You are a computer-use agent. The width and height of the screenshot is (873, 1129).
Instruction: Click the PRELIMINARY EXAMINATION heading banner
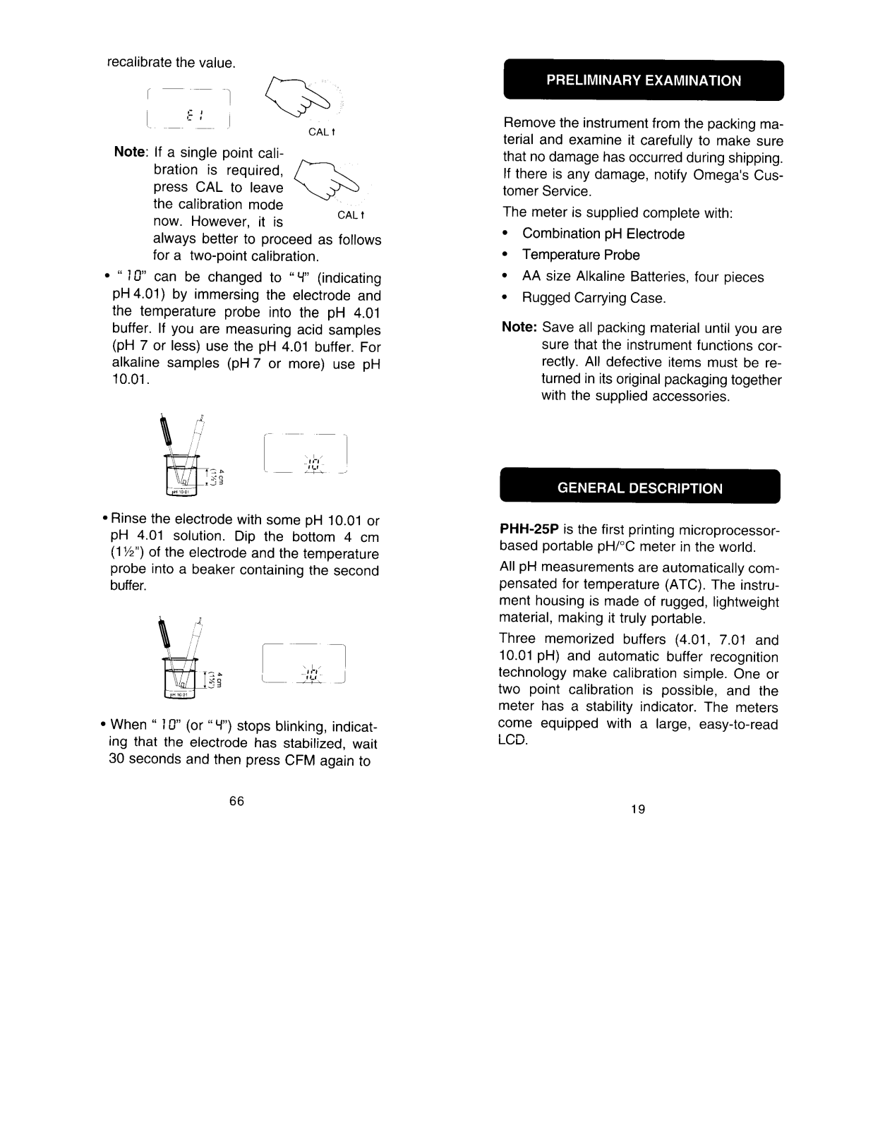click(643, 80)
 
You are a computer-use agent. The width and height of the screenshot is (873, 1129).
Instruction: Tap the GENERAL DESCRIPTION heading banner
click(639, 488)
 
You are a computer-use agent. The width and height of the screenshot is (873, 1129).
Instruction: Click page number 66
click(236, 800)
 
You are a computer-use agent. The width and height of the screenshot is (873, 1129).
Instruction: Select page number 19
click(638, 809)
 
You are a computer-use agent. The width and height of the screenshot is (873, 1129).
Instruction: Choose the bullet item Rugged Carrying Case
click(594, 298)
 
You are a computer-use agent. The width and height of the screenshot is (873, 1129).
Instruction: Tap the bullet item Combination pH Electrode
click(603, 234)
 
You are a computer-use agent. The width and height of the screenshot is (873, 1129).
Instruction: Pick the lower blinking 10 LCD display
click(304, 664)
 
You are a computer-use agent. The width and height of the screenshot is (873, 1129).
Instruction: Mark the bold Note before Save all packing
click(519, 328)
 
